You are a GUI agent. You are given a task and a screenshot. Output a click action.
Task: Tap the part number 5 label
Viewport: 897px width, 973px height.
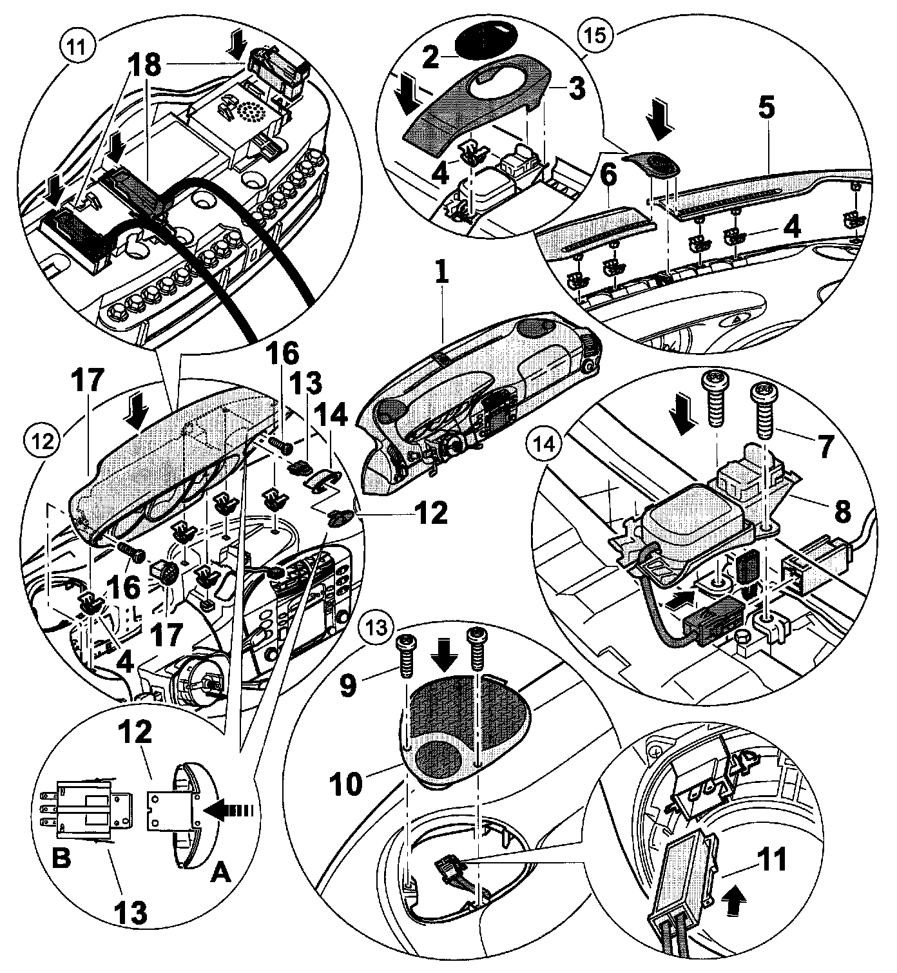(766, 110)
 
